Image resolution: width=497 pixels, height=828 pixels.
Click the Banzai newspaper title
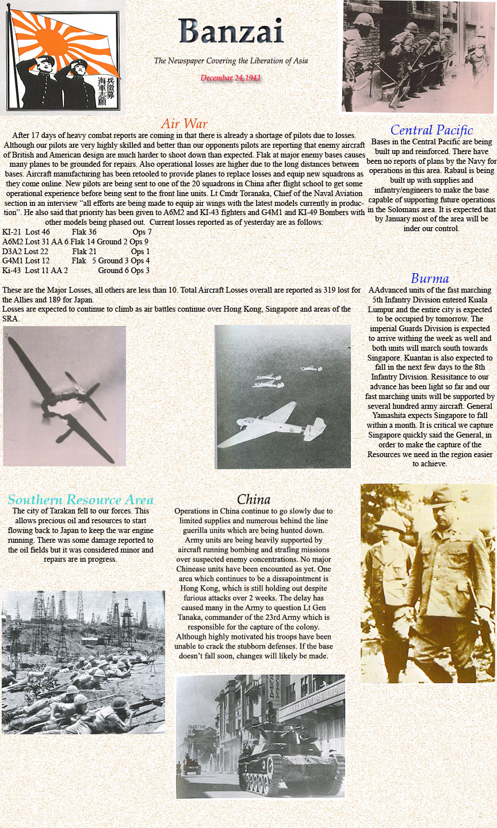pos(231,32)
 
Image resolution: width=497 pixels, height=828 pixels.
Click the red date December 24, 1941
pos(231,78)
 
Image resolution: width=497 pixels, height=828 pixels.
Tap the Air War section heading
pos(184,124)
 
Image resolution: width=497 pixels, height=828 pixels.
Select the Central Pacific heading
pos(431,130)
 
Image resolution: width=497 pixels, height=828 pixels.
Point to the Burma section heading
pos(430,279)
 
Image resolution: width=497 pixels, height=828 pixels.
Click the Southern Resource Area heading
pos(81,500)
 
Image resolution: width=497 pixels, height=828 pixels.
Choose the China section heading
pos(253,500)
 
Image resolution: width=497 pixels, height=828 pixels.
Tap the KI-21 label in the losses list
pos(12,232)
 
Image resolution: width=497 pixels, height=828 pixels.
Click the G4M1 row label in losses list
pos(12,261)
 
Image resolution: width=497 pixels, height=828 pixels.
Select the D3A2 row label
pos(12,251)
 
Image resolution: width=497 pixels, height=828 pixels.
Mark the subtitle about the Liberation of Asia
pos(231,61)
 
